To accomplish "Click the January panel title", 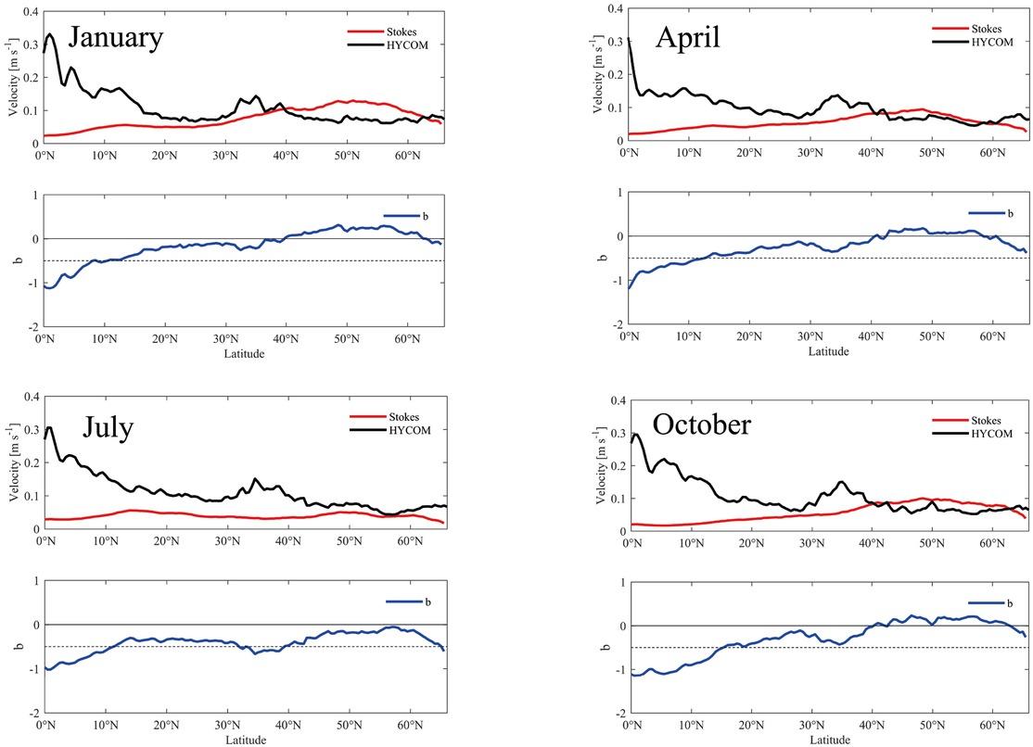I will (x=116, y=38).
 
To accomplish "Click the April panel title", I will (x=687, y=39).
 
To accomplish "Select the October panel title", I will (x=701, y=424).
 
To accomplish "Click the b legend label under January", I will (x=425, y=216).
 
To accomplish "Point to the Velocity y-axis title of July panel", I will (x=17, y=463).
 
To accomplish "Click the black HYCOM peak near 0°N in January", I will (x=50, y=35).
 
